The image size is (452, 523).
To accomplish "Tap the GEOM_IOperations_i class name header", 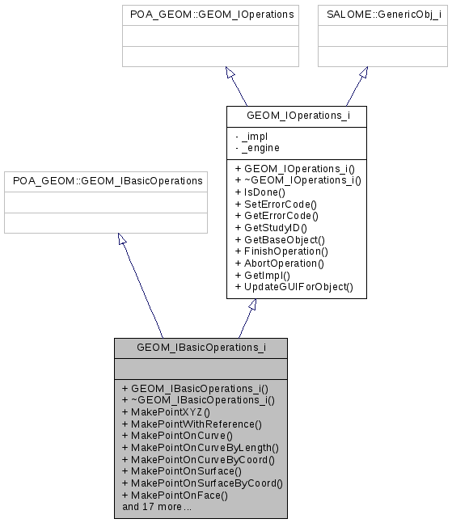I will click(296, 116).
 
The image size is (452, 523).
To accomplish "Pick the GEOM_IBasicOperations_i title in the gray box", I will click(201, 348).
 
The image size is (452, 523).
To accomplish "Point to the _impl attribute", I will click(254, 137).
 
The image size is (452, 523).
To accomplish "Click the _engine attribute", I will click(259, 148).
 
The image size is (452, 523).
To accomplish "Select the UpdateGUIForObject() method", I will click(294, 287).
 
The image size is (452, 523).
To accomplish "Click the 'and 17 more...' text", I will click(157, 507).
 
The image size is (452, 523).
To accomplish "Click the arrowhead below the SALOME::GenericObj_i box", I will click(364, 73).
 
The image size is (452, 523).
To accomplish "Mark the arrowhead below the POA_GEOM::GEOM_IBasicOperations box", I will click(121, 239).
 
